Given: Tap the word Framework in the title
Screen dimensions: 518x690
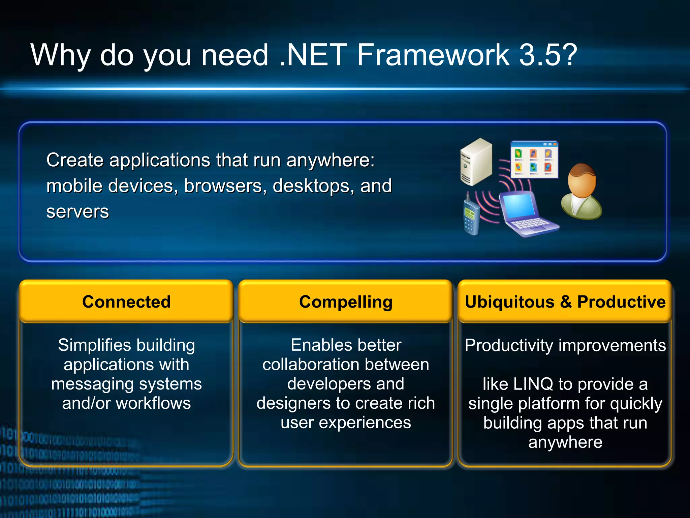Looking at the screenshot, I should (433, 55).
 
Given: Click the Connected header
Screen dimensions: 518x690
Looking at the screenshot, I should (126, 302).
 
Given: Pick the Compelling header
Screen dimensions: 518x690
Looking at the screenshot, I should (346, 302).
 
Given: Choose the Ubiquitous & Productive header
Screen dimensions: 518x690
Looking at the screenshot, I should (565, 302).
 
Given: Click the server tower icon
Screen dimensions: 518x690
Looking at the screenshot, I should (476, 162).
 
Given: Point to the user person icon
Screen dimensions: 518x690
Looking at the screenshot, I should (581, 192).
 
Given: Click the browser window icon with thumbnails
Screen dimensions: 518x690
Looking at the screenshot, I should (534, 160).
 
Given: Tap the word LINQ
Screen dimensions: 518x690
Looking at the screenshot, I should (533, 384).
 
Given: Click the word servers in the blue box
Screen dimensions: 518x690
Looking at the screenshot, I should (77, 212).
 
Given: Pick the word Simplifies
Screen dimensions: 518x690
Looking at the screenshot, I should (94, 345).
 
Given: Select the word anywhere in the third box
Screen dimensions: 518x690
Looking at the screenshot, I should (565, 442).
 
